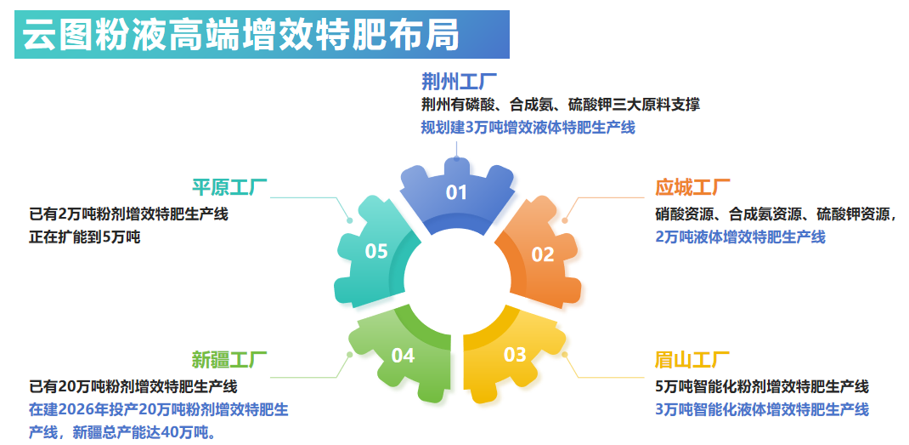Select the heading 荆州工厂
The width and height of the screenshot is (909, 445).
pyautogui.click(x=459, y=82)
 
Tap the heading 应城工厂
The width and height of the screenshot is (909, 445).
pyautogui.click(x=692, y=188)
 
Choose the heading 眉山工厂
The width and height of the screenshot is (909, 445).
pyautogui.click(x=692, y=360)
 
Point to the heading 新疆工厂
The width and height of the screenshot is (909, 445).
pyautogui.click(x=229, y=359)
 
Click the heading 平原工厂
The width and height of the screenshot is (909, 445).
pyautogui.click(x=229, y=188)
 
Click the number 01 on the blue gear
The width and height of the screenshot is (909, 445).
pyautogui.click(x=457, y=192)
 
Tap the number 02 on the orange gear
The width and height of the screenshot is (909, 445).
pyautogui.click(x=543, y=254)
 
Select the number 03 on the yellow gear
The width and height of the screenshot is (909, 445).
pyautogui.click(x=515, y=355)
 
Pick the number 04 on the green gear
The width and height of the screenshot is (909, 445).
pyautogui.click(x=403, y=355)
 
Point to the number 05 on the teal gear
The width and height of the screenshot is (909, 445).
pyautogui.click(x=376, y=251)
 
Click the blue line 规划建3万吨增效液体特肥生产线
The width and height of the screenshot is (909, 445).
pyautogui.click(x=528, y=128)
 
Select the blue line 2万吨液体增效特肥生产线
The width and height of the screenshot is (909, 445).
pyautogui.click(x=740, y=237)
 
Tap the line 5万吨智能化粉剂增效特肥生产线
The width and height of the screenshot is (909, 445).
pyautogui.click(x=762, y=386)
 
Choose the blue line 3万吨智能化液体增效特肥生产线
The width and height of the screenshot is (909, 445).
pyautogui.click(x=762, y=409)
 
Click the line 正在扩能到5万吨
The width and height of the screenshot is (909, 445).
pyautogui.click(x=85, y=237)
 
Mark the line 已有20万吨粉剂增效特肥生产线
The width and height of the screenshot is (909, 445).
pyautogui.click(x=133, y=386)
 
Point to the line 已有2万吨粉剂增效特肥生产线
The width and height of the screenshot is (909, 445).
pyautogui.click(x=129, y=214)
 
